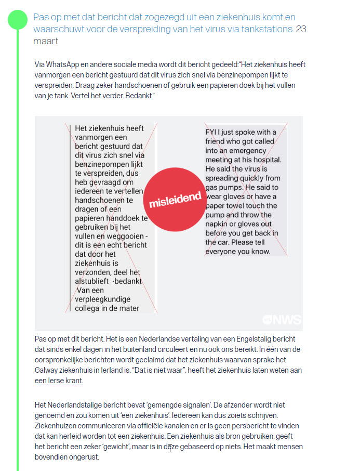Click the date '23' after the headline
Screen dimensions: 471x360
[300, 29]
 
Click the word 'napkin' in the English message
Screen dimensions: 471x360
[219, 224]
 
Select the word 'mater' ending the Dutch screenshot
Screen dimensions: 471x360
[128, 308]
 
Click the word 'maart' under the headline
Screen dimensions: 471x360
[46, 41]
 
